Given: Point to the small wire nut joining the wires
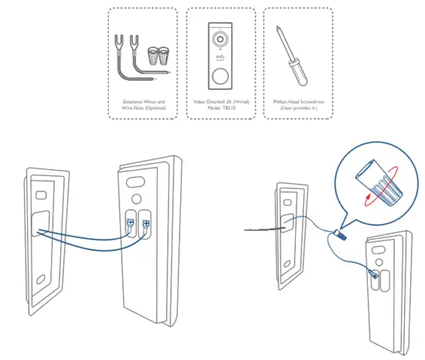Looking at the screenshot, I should coord(338,232).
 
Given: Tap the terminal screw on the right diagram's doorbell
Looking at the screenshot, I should coord(376,271).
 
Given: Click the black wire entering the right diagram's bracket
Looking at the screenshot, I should coord(259,229).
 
